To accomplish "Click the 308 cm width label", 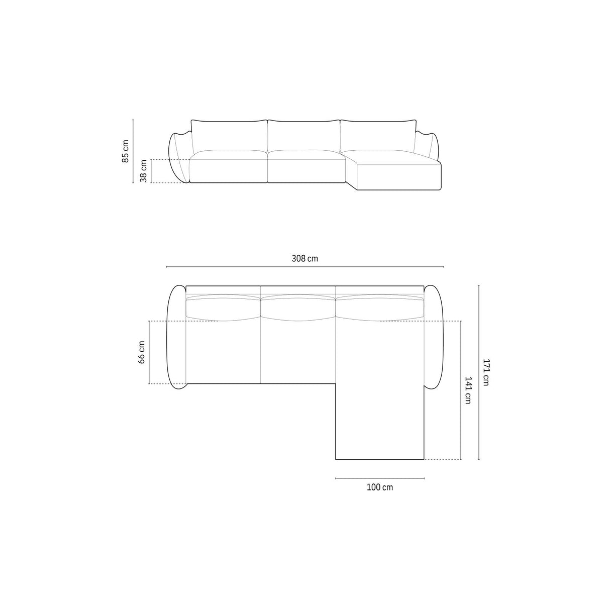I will click(305, 259).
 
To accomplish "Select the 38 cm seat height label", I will click(144, 171).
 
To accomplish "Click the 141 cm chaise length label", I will click(468, 390).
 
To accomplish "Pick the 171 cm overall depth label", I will click(486, 372).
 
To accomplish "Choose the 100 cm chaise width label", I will click(380, 487).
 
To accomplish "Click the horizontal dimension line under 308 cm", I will click(305, 267).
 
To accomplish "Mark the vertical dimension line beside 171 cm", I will click(478, 372).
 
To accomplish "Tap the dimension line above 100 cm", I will click(380, 478).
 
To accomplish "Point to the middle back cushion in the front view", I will click(304, 136).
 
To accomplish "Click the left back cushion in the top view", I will click(223, 307).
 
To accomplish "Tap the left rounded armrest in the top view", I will click(176, 337).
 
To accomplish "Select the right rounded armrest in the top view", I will click(435, 337).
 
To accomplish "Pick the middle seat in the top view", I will click(298, 352).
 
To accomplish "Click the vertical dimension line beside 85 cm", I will click(133, 151).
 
